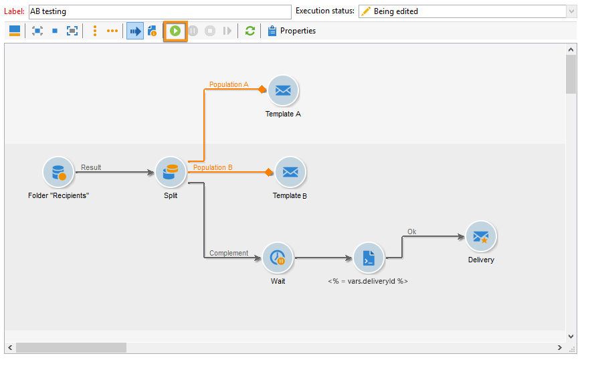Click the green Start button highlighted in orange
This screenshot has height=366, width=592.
coord(175,31)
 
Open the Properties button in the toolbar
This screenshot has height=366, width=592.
coord(292,31)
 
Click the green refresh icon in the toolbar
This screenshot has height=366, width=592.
coord(250,31)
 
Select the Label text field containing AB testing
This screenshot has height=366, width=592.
coord(159,11)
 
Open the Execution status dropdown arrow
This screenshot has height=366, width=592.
coord(571,11)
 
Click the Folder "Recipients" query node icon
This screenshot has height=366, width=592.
coord(58,173)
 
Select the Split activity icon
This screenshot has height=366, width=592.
coord(171,173)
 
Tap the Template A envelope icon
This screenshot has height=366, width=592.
coord(283,90)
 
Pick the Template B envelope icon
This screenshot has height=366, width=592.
coord(290,172)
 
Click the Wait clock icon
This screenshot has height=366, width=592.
coord(278,258)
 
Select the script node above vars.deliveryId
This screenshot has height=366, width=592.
coord(368,258)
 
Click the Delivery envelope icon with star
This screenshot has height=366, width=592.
coord(481,236)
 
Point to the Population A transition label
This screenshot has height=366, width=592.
coord(229,85)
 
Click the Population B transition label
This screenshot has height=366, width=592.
coord(213,167)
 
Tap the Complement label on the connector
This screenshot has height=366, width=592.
coord(229,254)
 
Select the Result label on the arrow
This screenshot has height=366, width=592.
coord(91,167)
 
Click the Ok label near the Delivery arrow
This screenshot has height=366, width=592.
coord(412,232)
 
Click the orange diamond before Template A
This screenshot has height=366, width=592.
coord(263,90)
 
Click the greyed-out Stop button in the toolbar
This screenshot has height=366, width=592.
coord(210,31)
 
